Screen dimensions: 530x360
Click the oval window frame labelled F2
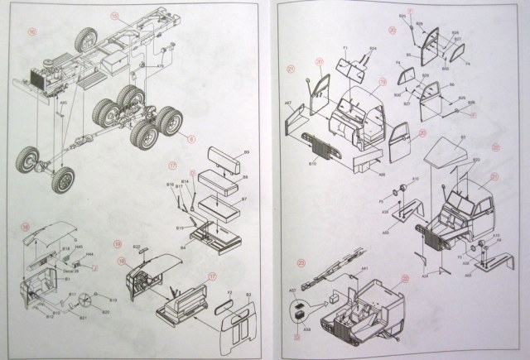pos(223,307)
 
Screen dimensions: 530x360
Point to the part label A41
pos(364,271)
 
